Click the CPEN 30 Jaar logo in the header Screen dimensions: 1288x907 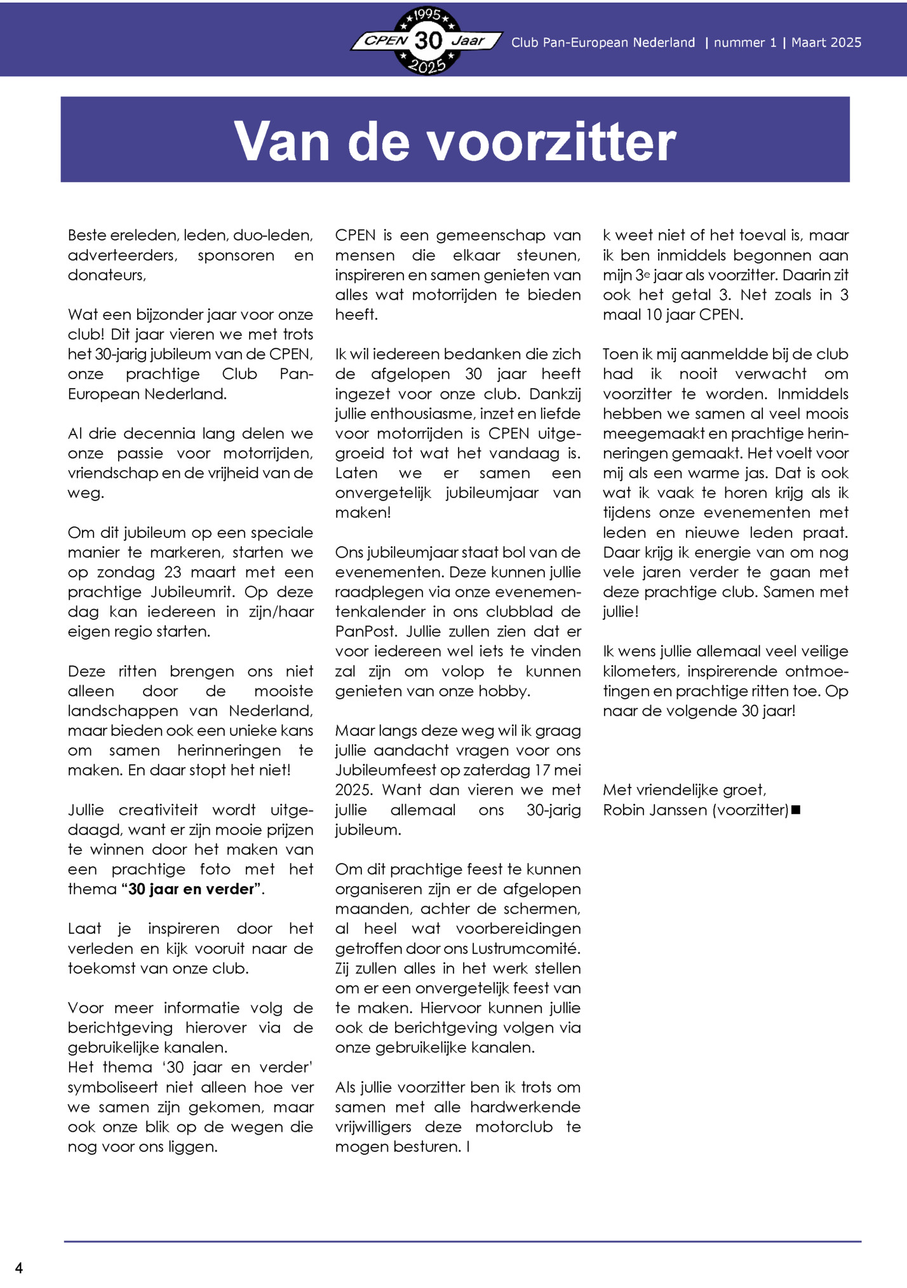[427, 41]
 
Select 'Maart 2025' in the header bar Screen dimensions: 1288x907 [826, 43]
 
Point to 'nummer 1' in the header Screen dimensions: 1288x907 [745, 43]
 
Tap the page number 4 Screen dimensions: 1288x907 [19, 1268]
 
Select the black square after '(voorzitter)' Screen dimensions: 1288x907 [796, 810]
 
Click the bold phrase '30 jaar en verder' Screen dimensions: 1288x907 [191, 889]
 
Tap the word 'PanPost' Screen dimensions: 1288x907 [366, 631]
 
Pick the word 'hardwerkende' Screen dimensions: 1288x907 [525, 1107]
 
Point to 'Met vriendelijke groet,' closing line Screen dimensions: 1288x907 [685, 789]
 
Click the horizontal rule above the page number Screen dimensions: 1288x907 [462, 1241]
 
